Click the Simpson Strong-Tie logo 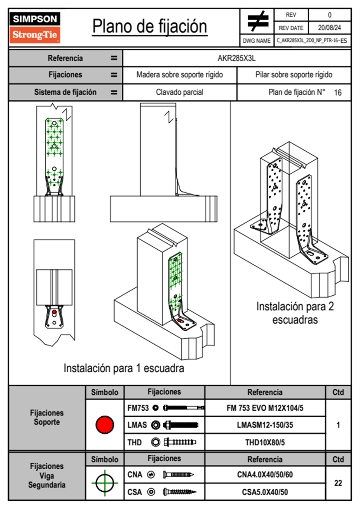35,27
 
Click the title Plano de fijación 150,27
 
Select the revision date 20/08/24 329,28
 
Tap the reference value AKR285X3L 237,58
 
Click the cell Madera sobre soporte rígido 179,75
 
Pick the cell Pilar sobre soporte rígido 294,75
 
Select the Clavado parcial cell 179,92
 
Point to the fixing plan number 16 338,93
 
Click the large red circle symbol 105,425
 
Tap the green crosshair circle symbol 105,483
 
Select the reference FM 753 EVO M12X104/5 265,408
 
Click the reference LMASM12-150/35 265,425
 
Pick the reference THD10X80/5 265,442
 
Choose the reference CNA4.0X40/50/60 265,475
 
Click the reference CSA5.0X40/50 265,492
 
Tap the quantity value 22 338,483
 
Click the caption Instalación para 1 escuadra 124,368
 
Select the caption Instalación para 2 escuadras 295,313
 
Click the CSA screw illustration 179,492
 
